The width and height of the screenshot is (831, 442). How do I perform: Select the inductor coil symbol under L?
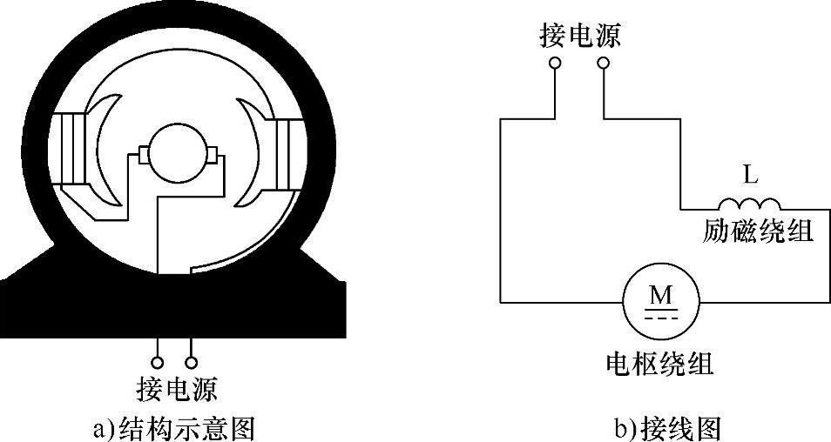[749, 204]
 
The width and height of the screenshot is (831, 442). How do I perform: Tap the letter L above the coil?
[750, 175]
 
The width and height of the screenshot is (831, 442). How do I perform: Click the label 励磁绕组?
[758, 231]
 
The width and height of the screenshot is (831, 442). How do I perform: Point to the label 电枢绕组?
[659, 364]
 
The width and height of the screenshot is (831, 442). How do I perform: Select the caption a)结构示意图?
[172, 427]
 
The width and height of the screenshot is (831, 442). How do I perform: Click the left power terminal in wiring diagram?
[555, 64]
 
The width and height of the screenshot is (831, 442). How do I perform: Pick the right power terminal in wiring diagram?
[602, 64]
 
